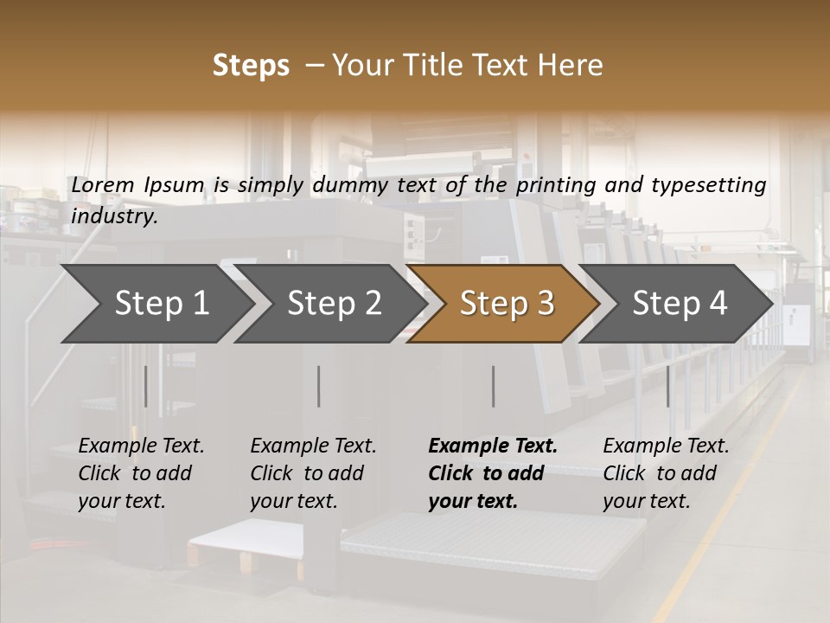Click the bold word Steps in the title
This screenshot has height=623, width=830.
(x=251, y=66)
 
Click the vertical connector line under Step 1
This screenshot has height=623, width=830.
(x=146, y=386)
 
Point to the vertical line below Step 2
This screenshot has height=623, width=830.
(x=319, y=386)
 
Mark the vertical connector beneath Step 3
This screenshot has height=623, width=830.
(x=493, y=386)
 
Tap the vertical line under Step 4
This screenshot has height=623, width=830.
(x=667, y=386)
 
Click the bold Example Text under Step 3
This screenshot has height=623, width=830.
(x=493, y=473)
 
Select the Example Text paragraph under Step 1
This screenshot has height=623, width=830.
(x=141, y=473)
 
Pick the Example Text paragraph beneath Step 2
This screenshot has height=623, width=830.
(x=313, y=473)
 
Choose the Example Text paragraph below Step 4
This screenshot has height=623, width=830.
(x=666, y=473)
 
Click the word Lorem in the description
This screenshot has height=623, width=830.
(x=103, y=184)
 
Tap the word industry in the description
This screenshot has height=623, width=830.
(x=114, y=216)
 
